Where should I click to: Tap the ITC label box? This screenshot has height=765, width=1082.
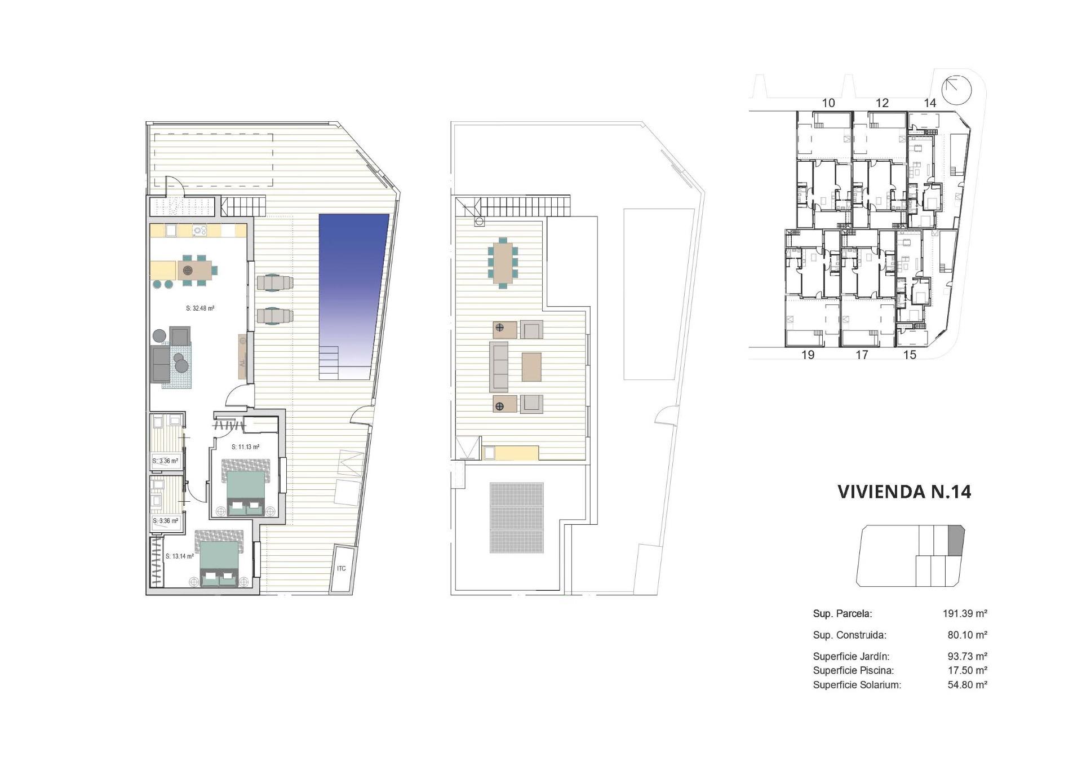coord(342,569)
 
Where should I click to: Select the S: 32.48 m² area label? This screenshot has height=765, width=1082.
coord(200,308)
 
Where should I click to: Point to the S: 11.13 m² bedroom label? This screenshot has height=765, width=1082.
coord(245,447)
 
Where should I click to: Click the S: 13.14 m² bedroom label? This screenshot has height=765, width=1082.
coord(180,556)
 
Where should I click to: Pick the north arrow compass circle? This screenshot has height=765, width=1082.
coord(957,90)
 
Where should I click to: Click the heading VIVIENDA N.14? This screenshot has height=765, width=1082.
coord(904,492)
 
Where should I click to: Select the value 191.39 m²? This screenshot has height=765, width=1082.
coord(965,613)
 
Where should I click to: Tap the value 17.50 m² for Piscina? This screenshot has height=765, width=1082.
coord(967,670)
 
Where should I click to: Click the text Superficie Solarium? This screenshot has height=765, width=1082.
coord(857,685)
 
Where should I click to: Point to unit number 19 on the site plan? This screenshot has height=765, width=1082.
coord(808,355)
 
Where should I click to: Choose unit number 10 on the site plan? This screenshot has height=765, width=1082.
coord(828,103)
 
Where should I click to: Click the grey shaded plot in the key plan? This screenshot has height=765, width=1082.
coord(956,541)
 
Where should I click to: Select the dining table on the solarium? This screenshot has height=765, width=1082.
coord(503,262)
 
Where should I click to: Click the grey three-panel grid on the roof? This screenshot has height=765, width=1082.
coord(516,518)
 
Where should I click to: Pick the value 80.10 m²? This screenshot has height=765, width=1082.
coord(967,635)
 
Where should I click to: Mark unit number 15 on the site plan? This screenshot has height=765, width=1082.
coord(910,355)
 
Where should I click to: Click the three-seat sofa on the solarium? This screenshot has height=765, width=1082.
coord(498,366)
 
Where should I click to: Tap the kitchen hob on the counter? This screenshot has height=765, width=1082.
coord(199,230)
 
